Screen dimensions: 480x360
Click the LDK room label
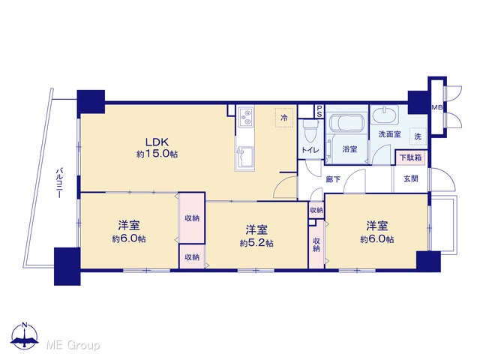click(x=157, y=142)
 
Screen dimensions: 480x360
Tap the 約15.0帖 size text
click(x=157, y=154)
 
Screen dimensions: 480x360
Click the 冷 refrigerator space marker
click(x=284, y=117)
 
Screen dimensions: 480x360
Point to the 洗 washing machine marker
click(x=418, y=136)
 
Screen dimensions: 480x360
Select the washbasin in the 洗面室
click(x=385, y=115)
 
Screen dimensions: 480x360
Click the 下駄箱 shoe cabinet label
click(x=411, y=157)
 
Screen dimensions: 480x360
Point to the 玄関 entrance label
click(x=411, y=178)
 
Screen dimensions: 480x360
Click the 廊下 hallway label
click(x=333, y=179)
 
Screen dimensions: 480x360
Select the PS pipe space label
click(x=319, y=112)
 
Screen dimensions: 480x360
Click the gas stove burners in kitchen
click(x=245, y=117)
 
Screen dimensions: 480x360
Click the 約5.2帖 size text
click(x=256, y=243)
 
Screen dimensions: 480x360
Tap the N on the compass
click(x=25, y=325)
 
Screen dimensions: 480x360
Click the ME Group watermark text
click(x=73, y=345)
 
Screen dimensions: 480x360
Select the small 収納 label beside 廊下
click(x=316, y=210)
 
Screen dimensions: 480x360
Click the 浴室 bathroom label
click(x=349, y=149)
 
